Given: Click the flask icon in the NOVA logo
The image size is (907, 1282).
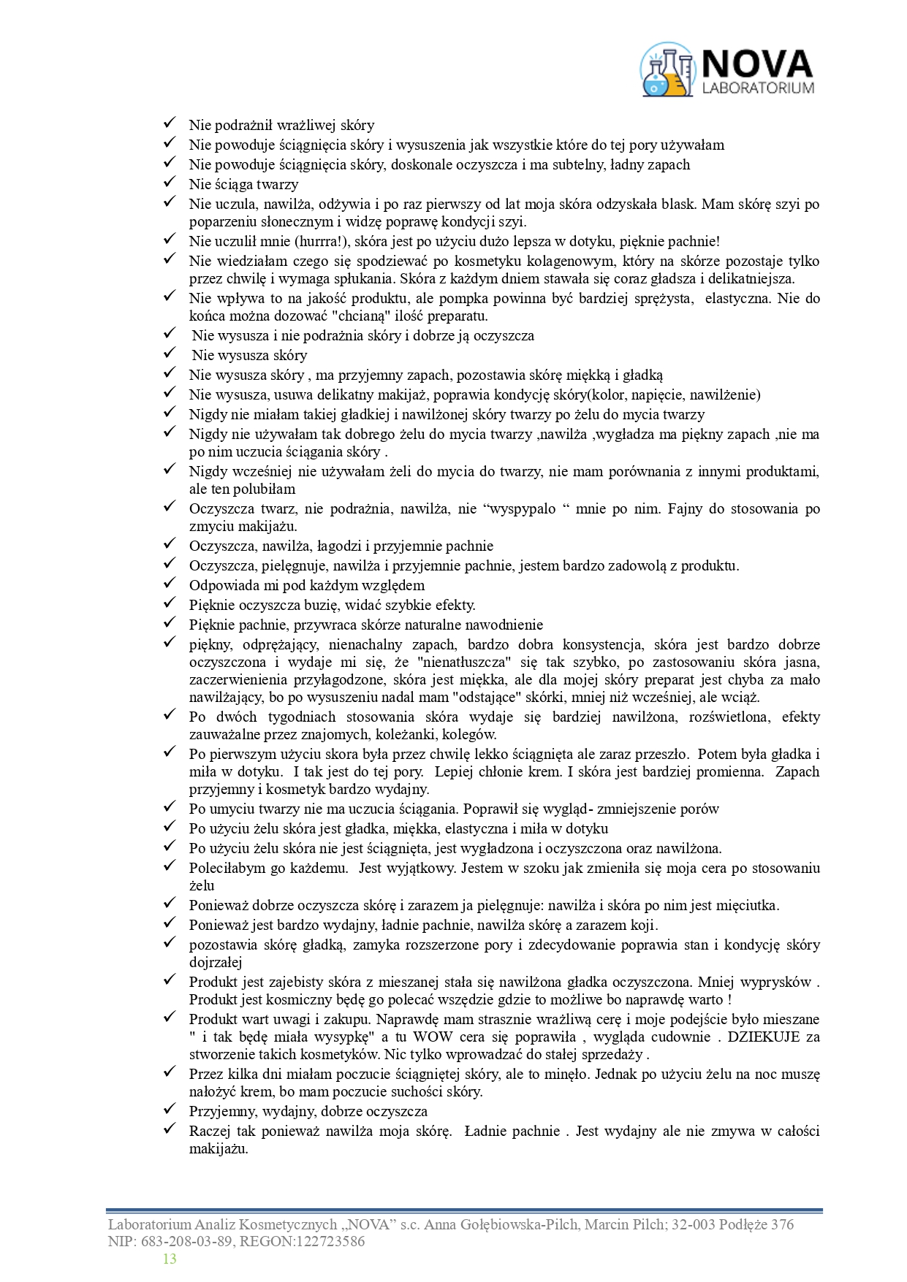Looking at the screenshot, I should [x=666, y=70].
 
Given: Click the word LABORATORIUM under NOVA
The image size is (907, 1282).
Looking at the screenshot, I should [x=758, y=88].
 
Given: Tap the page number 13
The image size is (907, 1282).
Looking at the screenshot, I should [x=170, y=1259].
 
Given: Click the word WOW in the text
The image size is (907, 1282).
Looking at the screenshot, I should [x=433, y=1037].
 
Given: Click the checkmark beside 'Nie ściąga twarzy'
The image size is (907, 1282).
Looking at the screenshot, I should [x=170, y=183].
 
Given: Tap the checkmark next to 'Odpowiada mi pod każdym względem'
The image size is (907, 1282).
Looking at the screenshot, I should [x=170, y=584].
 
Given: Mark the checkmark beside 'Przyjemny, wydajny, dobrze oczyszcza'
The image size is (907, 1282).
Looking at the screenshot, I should [x=170, y=1110].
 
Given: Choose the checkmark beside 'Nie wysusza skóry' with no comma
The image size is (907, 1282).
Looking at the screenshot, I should [x=170, y=354].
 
